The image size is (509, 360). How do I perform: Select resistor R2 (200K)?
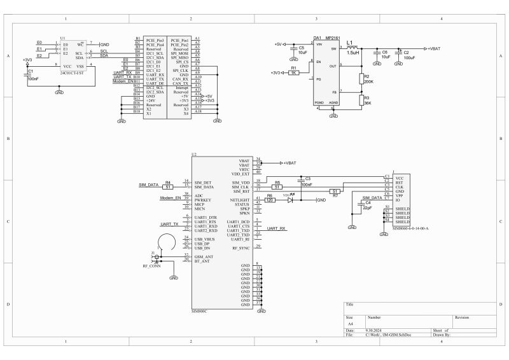tap(361, 79)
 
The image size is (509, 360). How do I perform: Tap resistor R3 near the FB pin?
tap(361, 100)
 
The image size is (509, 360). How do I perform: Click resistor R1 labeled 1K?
tap(293, 73)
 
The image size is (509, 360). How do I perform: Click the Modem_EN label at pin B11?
tap(123, 81)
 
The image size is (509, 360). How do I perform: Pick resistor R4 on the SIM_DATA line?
tap(168, 186)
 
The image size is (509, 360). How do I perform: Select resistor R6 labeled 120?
tap(270, 200)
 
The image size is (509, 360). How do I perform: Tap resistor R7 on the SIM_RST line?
tap(335, 191)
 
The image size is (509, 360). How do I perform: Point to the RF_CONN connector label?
tap(151, 266)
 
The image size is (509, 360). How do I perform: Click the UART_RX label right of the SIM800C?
tap(276, 228)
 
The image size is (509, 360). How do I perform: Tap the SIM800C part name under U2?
tap(200, 311)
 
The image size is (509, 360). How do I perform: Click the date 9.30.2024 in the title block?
tap(374, 331)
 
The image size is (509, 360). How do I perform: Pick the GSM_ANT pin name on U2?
tap(204, 256)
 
